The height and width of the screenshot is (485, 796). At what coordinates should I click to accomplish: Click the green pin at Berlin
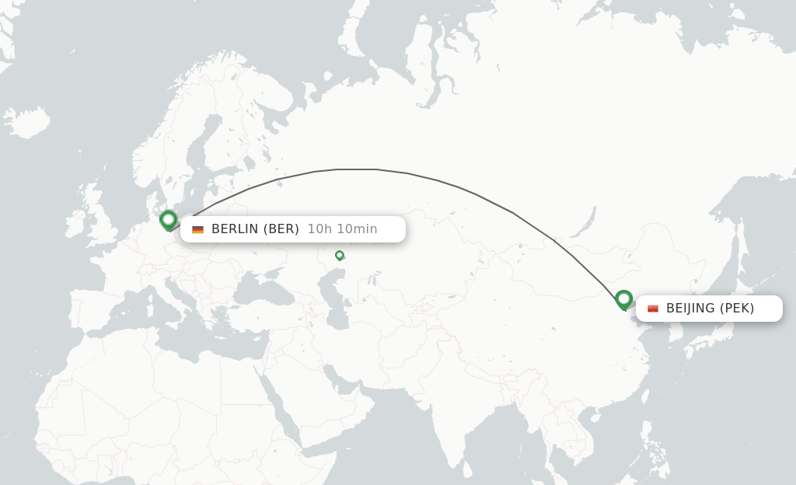tap(168, 219)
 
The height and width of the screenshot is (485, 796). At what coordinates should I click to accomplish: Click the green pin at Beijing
tap(623, 299)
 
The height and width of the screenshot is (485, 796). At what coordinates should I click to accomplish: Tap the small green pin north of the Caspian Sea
tap(340, 255)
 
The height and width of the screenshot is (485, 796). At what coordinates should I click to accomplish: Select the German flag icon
tap(197, 229)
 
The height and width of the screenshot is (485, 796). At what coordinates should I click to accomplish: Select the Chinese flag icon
tap(653, 309)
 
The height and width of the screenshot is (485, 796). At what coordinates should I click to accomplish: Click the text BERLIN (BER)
tap(255, 229)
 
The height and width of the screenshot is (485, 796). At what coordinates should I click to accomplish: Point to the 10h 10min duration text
tap(342, 229)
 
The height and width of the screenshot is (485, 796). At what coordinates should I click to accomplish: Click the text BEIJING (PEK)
tap(710, 309)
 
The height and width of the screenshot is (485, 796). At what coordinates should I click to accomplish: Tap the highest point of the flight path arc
tap(358, 169)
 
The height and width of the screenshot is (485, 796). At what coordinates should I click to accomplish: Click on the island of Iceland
tap(27, 122)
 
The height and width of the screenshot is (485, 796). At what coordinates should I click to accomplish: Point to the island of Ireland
tap(76, 224)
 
